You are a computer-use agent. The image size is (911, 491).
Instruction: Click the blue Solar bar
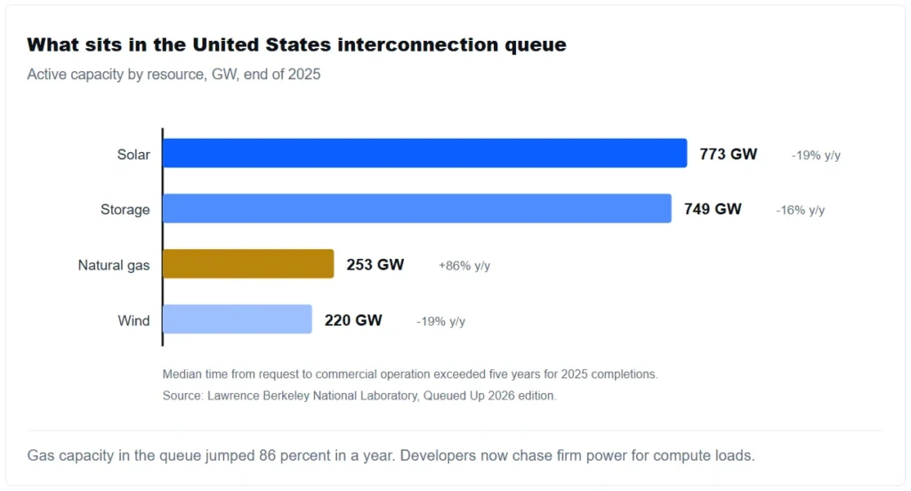(x=424, y=153)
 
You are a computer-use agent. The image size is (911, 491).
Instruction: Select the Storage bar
(x=417, y=209)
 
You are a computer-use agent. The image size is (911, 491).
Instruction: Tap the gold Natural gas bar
(x=249, y=264)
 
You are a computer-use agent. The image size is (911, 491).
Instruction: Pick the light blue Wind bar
(x=237, y=319)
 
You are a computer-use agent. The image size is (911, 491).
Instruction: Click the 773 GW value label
(x=728, y=154)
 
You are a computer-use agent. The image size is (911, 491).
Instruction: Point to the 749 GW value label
(x=713, y=209)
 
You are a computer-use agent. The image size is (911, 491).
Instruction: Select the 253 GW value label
(x=375, y=265)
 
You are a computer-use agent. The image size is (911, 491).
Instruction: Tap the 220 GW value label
(x=353, y=320)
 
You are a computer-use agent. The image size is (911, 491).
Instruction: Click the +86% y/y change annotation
(x=464, y=266)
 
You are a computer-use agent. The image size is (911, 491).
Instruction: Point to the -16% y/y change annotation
(x=800, y=210)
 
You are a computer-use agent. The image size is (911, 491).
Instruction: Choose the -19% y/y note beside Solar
(x=816, y=156)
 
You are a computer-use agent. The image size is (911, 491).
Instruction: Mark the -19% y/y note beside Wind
(x=440, y=321)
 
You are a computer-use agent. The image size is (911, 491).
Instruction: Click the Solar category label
(x=133, y=155)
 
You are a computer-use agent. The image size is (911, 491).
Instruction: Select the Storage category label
(x=125, y=210)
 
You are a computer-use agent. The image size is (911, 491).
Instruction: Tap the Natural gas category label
(x=114, y=266)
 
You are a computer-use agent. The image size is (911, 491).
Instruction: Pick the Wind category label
(x=133, y=321)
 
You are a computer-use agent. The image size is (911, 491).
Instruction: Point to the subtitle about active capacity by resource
(x=173, y=75)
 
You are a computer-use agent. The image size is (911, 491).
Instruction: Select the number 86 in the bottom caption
(x=267, y=455)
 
